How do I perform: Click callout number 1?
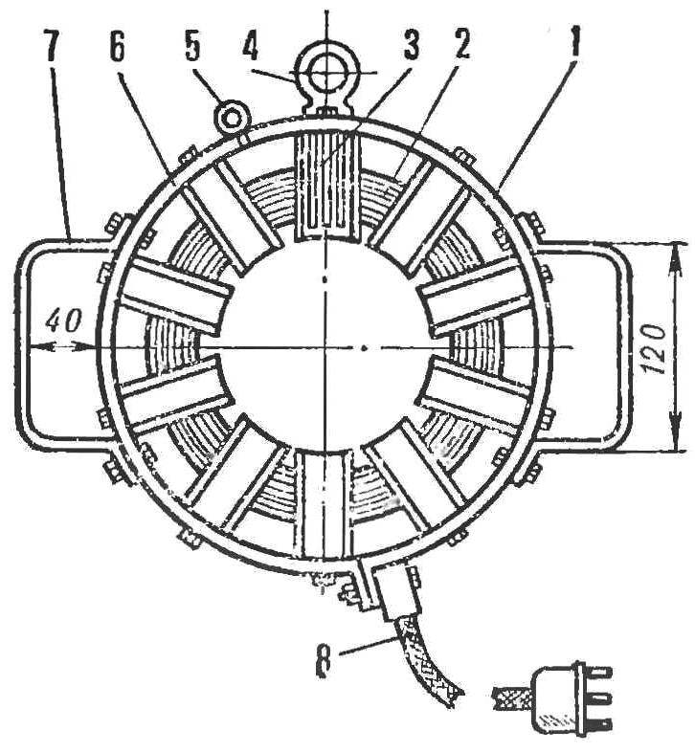pos(572,43)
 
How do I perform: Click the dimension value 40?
pos(63,321)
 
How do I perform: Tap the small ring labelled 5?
pos(232,116)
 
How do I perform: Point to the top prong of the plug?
pos(599,673)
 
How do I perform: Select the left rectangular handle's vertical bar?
pos(22,346)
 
